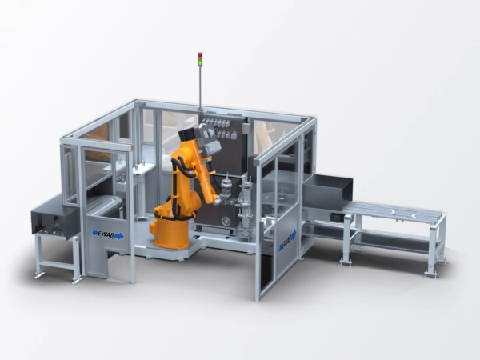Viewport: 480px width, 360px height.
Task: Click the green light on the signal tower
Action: point(200,63)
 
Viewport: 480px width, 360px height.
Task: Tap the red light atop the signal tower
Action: point(200,54)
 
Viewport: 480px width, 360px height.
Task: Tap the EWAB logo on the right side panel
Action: point(287,242)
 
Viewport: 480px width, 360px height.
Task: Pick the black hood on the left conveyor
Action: point(54,217)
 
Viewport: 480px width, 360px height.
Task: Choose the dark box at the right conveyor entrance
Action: point(327,191)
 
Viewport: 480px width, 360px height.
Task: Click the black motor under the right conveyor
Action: point(337,217)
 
